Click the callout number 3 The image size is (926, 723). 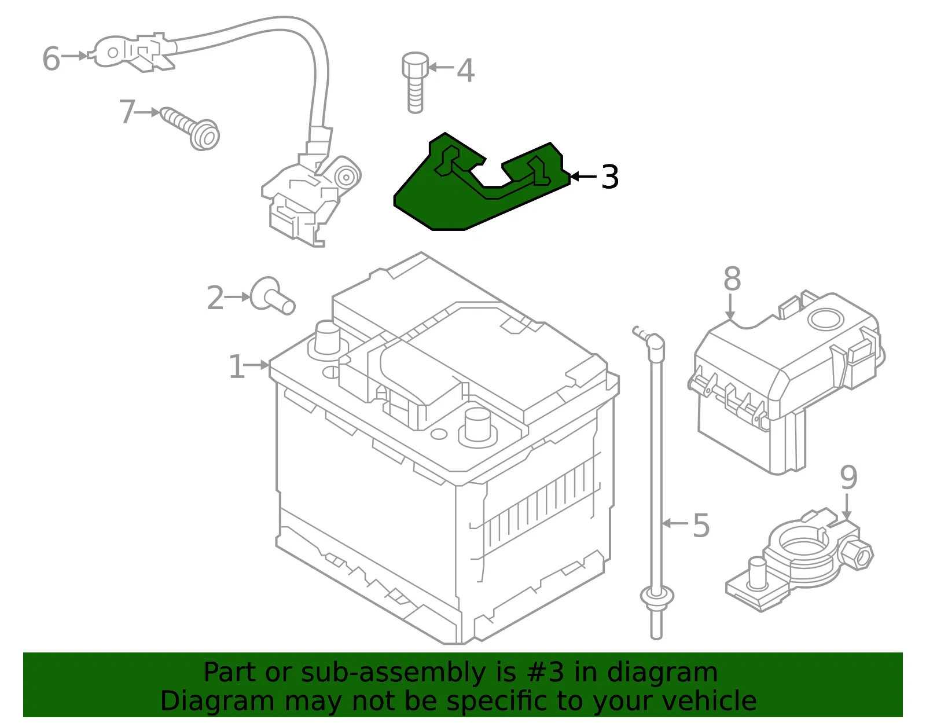point(610,177)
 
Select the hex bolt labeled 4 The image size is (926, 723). point(414,83)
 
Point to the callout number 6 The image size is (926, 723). point(52,58)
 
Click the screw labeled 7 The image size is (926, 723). point(190,129)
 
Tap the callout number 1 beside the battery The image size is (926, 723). point(237,366)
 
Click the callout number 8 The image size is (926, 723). point(732,279)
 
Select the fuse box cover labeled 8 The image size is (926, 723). point(785,383)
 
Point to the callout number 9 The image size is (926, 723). point(848,478)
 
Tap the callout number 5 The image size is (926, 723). point(701,525)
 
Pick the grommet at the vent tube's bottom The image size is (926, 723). point(657,596)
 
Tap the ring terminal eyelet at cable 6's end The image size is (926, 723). point(111,53)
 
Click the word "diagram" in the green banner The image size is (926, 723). point(662,673)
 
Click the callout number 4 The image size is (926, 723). point(465,70)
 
